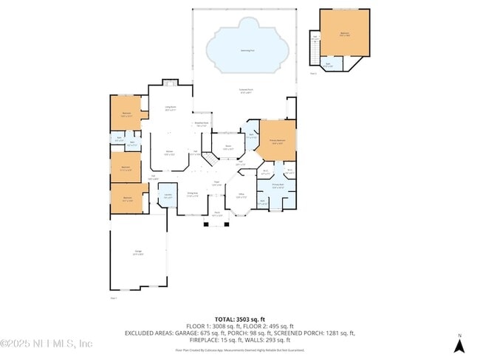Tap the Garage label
(138, 253)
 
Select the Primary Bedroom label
(278, 143)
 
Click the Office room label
(241, 195)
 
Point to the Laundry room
(168, 196)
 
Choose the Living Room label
(170, 108)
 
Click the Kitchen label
(169, 153)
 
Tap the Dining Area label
(193, 195)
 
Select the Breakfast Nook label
(201, 124)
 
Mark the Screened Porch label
(245, 91)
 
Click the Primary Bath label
(278, 186)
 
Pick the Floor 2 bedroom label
(345, 34)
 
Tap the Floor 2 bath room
(328, 66)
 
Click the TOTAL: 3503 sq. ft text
(239, 319)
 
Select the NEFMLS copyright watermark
(46, 343)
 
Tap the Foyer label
(218, 184)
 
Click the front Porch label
(217, 215)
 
